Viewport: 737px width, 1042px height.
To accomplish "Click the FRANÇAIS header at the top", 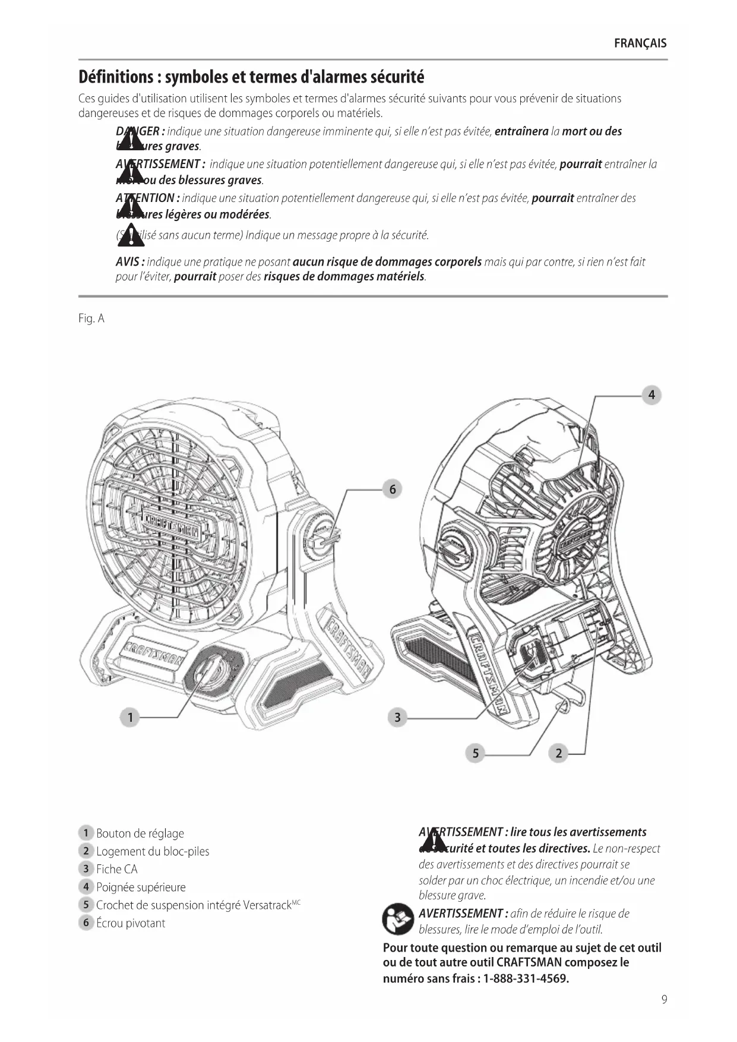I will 640,43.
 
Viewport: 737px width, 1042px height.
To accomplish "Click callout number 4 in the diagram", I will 651,395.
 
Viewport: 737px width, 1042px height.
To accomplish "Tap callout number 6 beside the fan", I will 392,490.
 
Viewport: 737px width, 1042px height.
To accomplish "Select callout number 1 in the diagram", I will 130,718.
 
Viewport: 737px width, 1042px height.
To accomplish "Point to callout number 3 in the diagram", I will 397,718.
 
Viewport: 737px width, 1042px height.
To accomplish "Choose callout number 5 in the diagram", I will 475,753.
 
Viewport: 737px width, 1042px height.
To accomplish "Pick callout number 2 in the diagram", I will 558,753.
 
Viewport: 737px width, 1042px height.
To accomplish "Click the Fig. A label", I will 91,319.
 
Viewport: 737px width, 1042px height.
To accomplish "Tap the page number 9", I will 664,999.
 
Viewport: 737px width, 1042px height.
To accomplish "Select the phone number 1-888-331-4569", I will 526,978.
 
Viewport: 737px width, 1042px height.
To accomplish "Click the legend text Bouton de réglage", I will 140,833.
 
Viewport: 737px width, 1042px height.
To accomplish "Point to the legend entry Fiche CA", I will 116,869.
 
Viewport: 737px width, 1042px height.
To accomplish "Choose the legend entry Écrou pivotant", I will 131,923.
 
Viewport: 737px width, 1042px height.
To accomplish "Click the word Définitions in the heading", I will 116,77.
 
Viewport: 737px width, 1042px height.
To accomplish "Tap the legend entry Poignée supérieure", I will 141,888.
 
